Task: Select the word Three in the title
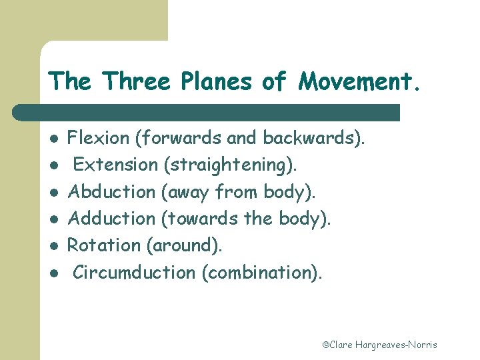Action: click(x=137, y=82)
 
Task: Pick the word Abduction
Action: click(x=111, y=192)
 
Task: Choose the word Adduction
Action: click(x=111, y=219)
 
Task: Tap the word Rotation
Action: click(x=103, y=245)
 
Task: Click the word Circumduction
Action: click(x=134, y=272)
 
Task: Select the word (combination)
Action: click(x=261, y=273)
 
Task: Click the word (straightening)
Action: click(x=230, y=165)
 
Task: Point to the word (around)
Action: click(x=184, y=246)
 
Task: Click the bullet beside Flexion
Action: click(x=53, y=139)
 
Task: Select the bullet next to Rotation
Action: click(x=53, y=246)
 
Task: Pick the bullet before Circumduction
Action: click(x=53, y=273)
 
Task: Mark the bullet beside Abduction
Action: click(x=53, y=193)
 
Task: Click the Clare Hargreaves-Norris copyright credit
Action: click(x=379, y=345)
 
